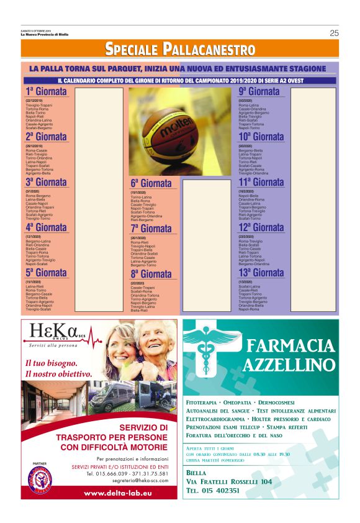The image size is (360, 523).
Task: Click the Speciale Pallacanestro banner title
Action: (x=179, y=48)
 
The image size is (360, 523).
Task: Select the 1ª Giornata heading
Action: (x=46, y=93)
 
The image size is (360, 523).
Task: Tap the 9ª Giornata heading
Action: (x=259, y=93)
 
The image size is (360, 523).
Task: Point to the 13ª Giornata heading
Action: (x=261, y=273)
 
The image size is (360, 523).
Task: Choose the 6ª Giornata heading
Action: (x=151, y=184)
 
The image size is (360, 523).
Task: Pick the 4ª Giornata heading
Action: (x=46, y=228)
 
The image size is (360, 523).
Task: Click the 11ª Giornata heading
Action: (x=261, y=183)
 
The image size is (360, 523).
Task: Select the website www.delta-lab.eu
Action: (x=102, y=493)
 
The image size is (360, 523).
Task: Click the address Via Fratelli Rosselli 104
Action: (x=228, y=481)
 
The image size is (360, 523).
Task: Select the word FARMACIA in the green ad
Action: (x=290, y=345)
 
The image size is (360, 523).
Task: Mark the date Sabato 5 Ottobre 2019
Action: (x=35, y=30)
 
